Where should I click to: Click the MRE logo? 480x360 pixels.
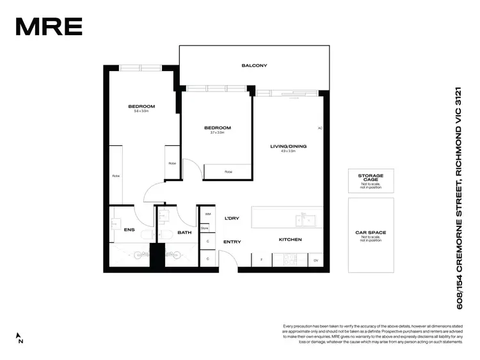tap(49, 27)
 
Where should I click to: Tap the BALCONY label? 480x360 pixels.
tap(254, 66)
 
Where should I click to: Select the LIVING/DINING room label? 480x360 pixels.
tap(288, 146)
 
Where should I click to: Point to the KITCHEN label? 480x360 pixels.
tap(290, 240)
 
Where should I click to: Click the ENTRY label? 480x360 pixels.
tap(232, 242)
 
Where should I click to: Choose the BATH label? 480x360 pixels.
tap(184, 233)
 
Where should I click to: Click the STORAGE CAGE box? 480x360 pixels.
tap(371, 180)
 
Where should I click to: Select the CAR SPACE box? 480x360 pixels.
tap(371, 235)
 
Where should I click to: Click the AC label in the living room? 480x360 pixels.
tap(320, 129)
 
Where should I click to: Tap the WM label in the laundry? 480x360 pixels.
tap(207, 214)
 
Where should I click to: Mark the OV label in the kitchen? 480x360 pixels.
tap(316, 260)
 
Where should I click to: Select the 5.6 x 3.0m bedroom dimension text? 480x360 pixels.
tap(141, 111)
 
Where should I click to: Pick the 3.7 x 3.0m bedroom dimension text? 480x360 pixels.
tap(217, 133)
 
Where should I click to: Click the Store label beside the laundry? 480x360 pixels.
tap(205, 228)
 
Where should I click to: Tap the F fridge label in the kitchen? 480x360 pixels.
tap(262, 260)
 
